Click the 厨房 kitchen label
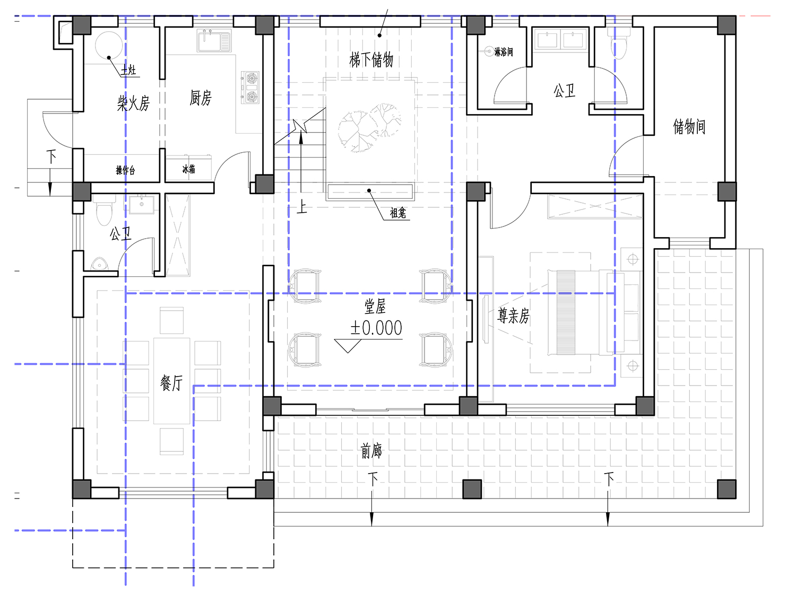pyautogui.click(x=201, y=98)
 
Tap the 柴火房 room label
pyautogui.click(x=133, y=103)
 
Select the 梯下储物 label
pyautogui.click(x=371, y=59)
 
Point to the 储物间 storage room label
pyautogui.click(x=689, y=126)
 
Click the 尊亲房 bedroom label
pyautogui.click(x=513, y=316)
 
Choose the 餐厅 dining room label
pyautogui.click(x=171, y=383)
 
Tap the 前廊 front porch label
pyautogui.click(x=371, y=451)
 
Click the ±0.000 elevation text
pyautogui.click(x=376, y=328)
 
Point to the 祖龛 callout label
pyautogui.click(x=398, y=213)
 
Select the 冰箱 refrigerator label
pyautogui.click(x=188, y=169)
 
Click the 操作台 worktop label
pyautogui.click(x=125, y=170)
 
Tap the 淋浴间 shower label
pyautogui.click(x=504, y=52)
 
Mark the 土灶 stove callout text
pyautogui.click(x=129, y=69)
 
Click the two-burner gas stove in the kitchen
pyautogui.click(x=250, y=88)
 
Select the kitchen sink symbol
pyautogui.click(x=214, y=41)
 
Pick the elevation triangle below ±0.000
pyautogui.click(x=348, y=346)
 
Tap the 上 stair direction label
pyautogui.click(x=302, y=207)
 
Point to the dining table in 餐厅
pyautogui.click(x=171, y=381)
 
